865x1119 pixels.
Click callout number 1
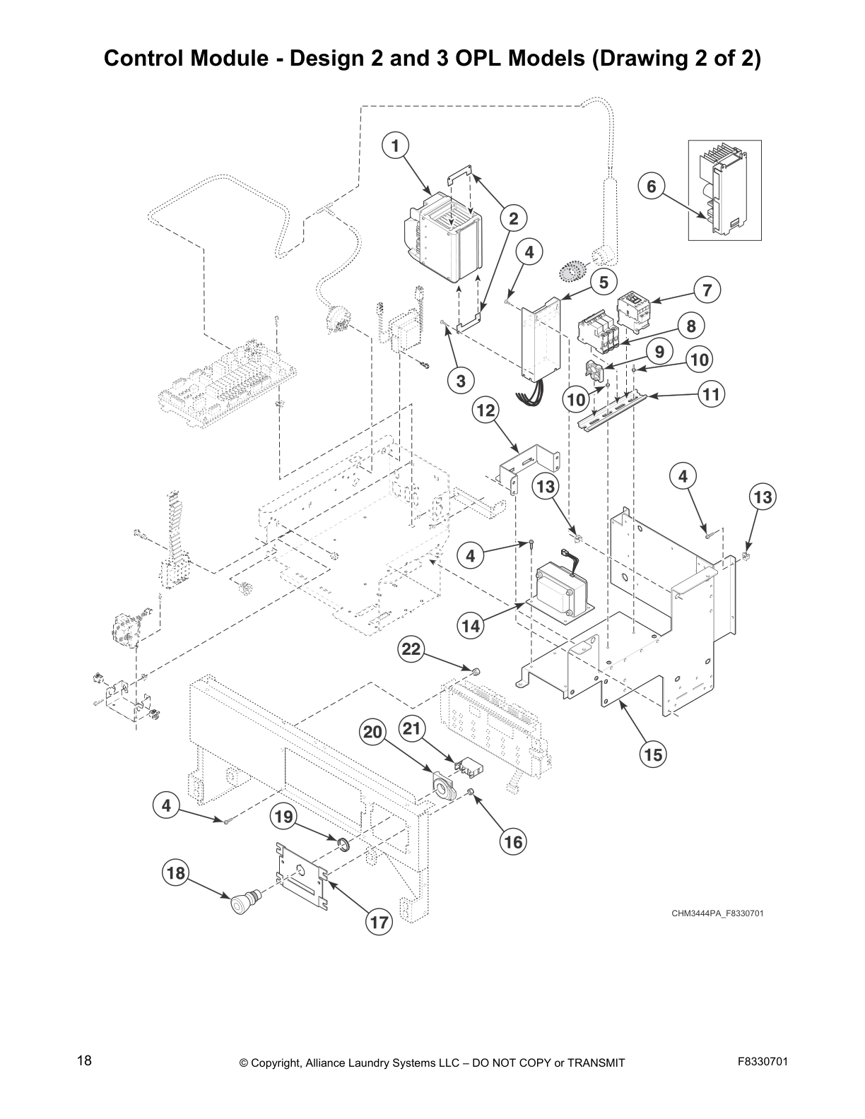tap(395, 146)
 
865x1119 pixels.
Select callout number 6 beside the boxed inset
tap(652, 186)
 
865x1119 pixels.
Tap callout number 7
tap(707, 289)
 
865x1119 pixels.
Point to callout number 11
tap(711, 394)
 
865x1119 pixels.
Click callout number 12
tap(486, 410)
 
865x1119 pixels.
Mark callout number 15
tap(653, 754)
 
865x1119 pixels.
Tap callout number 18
tap(175, 873)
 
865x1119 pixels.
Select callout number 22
tap(411, 649)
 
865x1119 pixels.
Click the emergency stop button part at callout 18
tap(244, 902)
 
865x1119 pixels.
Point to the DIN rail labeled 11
tap(611, 414)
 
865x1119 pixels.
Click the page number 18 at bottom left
tap(84, 1061)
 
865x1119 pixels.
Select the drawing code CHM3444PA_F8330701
tap(717, 913)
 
